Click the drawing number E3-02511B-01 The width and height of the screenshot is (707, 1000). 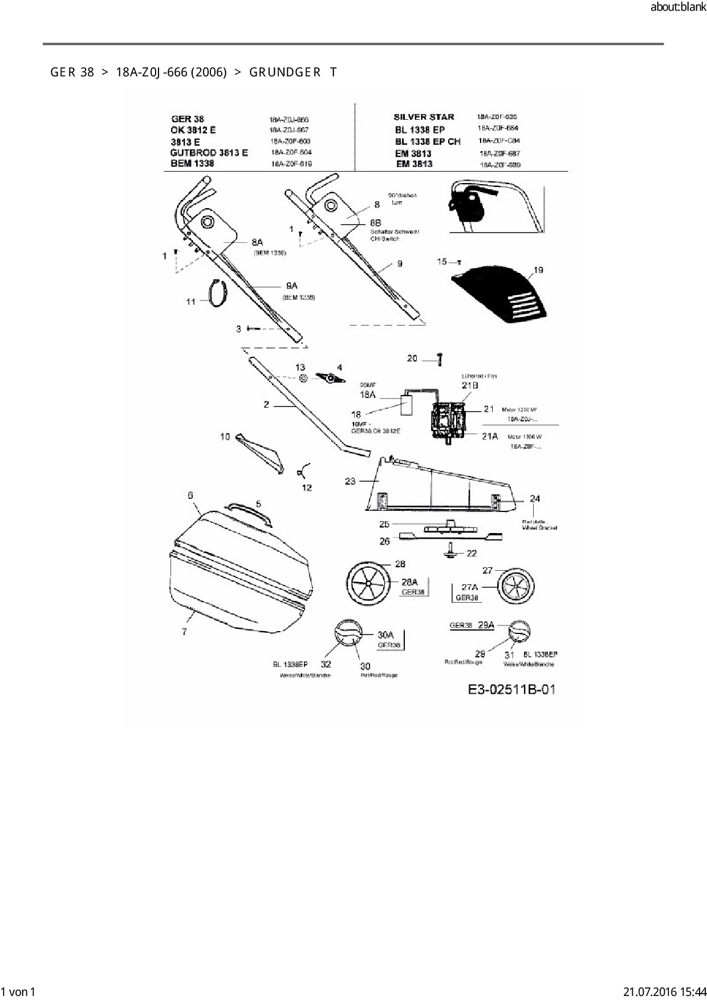click(511, 690)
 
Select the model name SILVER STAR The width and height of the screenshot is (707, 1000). click(424, 117)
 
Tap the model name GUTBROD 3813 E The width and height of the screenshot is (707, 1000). click(209, 153)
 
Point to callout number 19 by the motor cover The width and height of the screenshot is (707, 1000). click(538, 270)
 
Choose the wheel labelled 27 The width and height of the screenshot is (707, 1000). click(516, 587)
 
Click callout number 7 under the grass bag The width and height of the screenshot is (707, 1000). click(184, 632)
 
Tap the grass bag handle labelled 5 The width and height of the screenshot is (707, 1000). click(249, 511)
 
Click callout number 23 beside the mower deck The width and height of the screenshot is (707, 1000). click(350, 481)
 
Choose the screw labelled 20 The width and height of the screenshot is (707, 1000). click(440, 359)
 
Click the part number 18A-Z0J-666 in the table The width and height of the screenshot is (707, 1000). click(289, 120)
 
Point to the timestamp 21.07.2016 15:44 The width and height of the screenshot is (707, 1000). click(664, 992)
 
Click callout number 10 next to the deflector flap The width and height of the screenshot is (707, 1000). click(225, 437)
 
